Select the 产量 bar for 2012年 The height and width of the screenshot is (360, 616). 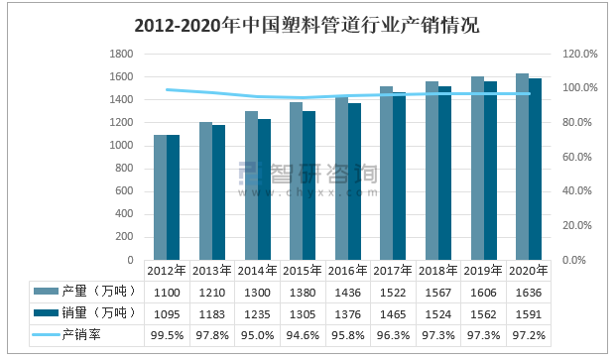tap(161, 197)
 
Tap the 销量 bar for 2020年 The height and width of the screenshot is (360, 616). tap(535, 170)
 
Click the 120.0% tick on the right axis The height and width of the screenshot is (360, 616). tap(579, 54)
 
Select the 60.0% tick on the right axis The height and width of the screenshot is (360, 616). tap(579, 157)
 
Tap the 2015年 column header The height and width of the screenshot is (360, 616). tap(303, 270)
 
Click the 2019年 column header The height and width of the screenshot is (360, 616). tap(483, 270)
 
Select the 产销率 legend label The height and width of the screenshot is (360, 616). tap(83, 335)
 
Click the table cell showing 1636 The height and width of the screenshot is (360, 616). tap(529, 292)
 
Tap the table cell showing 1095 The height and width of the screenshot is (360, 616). tap(167, 313)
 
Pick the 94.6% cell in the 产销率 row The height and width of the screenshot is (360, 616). tap(303, 335)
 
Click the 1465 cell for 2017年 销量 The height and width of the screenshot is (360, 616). tap(393, 313)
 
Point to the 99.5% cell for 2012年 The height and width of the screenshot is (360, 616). tap(167, 335)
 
